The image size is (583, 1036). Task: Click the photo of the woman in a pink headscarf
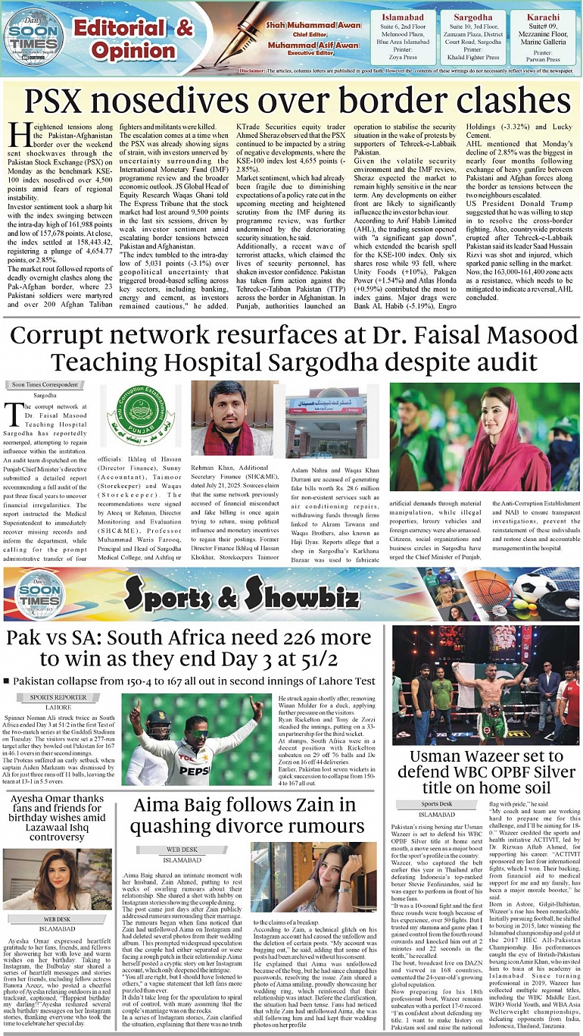485,436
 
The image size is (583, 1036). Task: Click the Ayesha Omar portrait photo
58,879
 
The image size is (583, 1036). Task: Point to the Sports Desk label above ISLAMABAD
437,804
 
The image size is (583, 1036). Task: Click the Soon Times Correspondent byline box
45,385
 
